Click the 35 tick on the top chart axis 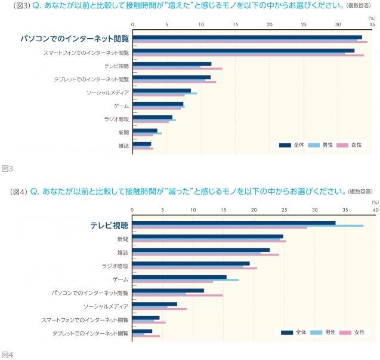pos(372,26)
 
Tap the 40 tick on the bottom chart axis pos(375,210)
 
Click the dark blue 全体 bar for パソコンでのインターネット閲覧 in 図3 pos(247,37)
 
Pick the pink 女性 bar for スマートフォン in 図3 pos(248,56)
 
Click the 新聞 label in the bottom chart pos(122,239)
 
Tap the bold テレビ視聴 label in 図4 pos(109,225)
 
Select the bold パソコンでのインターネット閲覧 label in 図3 pos(75,39)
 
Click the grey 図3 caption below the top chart pos(7,169)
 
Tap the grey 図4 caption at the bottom pos(7,354)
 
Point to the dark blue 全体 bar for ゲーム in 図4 pos(180,277)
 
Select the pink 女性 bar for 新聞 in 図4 pos(209,241)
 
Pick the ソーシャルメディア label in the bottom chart pos(106,306)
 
